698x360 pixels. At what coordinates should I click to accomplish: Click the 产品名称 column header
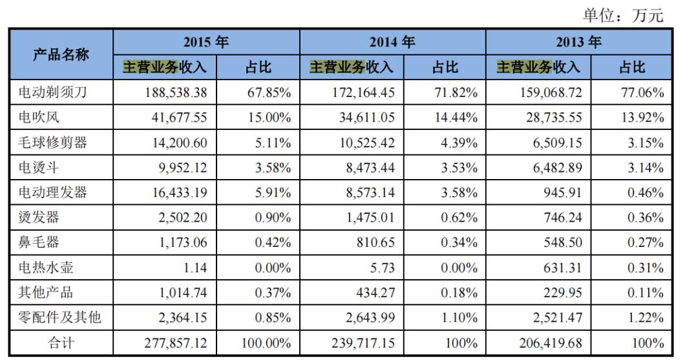61,54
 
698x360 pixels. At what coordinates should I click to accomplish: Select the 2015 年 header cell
206,42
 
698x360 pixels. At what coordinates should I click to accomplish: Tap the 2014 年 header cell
392,42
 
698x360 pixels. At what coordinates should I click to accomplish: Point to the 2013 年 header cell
578,42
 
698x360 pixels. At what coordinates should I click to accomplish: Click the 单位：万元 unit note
623,15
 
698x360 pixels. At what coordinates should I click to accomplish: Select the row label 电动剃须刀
52,92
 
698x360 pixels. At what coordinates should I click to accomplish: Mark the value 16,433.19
176,193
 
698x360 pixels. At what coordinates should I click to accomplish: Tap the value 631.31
562,268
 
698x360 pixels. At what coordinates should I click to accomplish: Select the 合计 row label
61,343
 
